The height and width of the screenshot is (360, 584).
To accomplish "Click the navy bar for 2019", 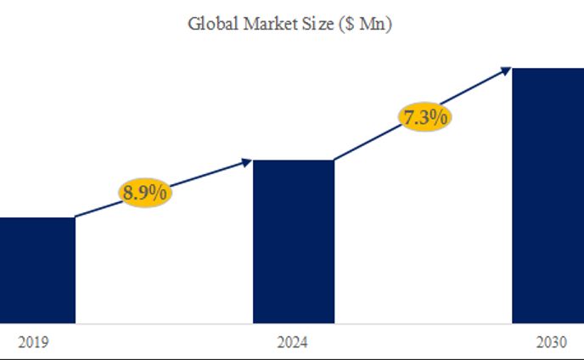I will coord(36,270).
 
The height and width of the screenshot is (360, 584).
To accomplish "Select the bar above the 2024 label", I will coord(294,241).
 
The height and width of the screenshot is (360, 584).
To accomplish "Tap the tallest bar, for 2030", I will coord(547,195).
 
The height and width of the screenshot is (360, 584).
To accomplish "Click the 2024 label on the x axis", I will coord(293,343).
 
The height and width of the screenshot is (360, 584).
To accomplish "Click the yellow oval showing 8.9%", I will coord(145,194).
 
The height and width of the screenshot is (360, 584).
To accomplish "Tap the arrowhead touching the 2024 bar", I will coord(247,160).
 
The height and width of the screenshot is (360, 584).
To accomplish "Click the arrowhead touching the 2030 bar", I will coord(506,70).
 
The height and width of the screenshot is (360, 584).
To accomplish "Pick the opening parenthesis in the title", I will coord(336,24).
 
